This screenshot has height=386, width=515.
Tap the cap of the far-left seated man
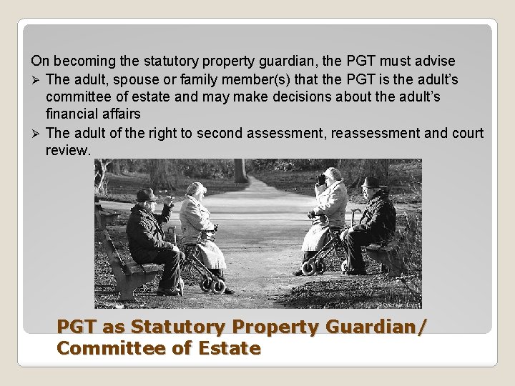pos(146,194)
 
